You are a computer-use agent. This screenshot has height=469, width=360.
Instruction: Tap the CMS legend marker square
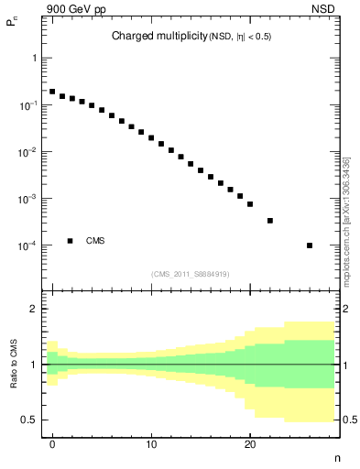coord(70,241)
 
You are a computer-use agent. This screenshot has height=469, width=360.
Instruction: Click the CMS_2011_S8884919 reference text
coord(191,272)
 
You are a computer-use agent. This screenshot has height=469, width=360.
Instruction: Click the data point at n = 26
coord(310,245)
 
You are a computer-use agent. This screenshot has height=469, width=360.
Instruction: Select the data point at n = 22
coord(270,221)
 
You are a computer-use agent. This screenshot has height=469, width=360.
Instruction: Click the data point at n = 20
coord(250,204)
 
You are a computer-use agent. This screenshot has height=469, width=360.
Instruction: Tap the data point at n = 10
coord(151,137)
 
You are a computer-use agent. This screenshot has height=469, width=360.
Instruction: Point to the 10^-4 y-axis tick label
coord(29,245)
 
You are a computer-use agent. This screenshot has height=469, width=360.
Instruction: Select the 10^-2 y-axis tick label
coord(29,152)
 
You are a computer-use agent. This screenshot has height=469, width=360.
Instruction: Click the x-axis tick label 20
coord(250,442)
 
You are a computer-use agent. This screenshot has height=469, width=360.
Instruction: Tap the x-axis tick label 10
coord(151,442)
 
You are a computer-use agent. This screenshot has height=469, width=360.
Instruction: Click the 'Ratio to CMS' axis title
coord(14,365)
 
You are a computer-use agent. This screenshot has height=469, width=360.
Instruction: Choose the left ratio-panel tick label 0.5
coord(30,420)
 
